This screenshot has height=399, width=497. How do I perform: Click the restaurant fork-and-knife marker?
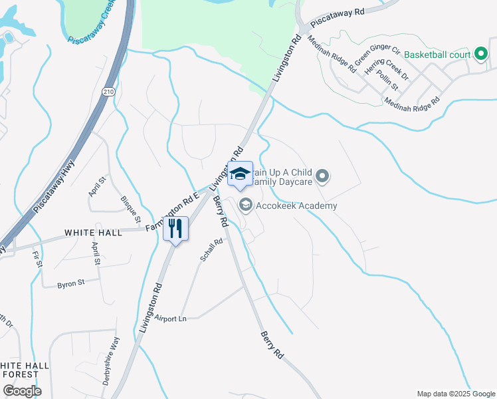tap(175, 229)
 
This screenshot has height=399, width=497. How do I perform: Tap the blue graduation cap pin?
tap(240, 175)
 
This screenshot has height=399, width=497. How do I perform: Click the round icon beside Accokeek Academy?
tap(245, 205)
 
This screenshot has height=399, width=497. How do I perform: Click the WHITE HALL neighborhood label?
tap(93, 233)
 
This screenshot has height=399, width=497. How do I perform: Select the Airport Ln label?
tap(171, 319)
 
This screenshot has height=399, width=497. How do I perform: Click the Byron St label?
tap(71, 283)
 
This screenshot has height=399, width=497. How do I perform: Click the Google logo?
tap(21, 390)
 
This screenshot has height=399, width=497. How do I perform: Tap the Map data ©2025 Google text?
tap(455, 393)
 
